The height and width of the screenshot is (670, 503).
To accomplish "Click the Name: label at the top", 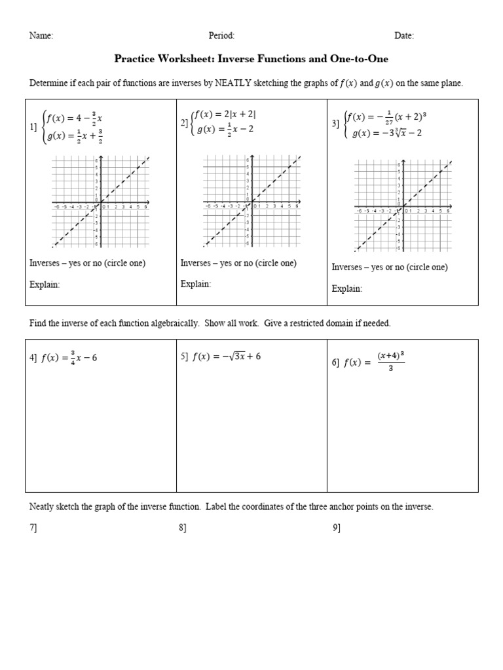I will pyautogui.click(x=41, y=36).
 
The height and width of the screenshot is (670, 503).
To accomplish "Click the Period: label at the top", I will pyautogui.click(x=221, y=36).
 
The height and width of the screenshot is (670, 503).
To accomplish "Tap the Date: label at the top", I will pyautogui.click(x=404, y=36).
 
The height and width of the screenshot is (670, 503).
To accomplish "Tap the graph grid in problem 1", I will pyautogui.click(x=101, y=202).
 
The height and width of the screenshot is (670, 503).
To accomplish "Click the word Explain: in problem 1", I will pyautogui.click(x=45, y=284).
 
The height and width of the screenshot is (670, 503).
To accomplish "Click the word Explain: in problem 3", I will pyautogui.click(x=346, y=289).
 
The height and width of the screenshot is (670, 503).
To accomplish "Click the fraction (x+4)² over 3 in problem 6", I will pyautogui.click(x=391, y=362).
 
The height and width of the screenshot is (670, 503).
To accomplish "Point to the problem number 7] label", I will pyautogui.click(x=33, y=528).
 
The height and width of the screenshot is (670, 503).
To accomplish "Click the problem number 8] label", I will pyautogui.click(x=183, y=528).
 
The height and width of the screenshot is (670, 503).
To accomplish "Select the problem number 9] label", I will pyautogui.click(x=337, y=528).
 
